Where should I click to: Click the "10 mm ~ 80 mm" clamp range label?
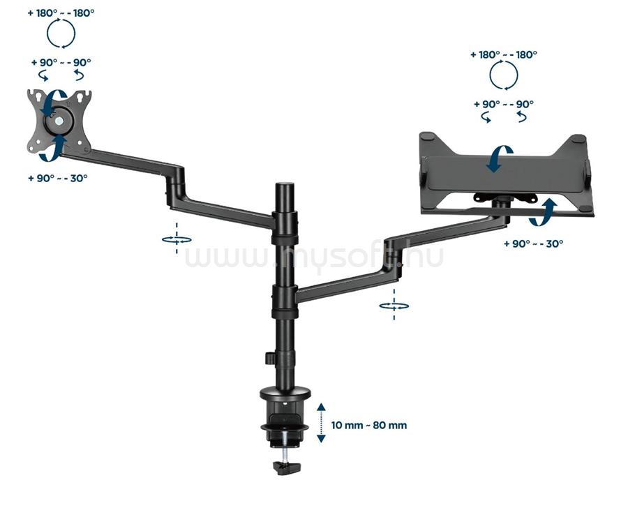[x=369, y=425]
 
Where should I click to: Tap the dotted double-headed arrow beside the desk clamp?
[x=321, y=423]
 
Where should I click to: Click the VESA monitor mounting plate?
[x=59, y=121]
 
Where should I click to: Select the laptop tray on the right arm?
[x=507, y=172]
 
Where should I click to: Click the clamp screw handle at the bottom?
[x=286, y=467]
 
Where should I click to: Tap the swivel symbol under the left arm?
[x=177, y=239]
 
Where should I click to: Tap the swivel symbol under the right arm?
[x=394, y=306]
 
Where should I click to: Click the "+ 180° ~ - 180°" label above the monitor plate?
[x=61, y=13]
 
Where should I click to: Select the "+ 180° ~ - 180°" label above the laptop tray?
[x=503, y=54]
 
